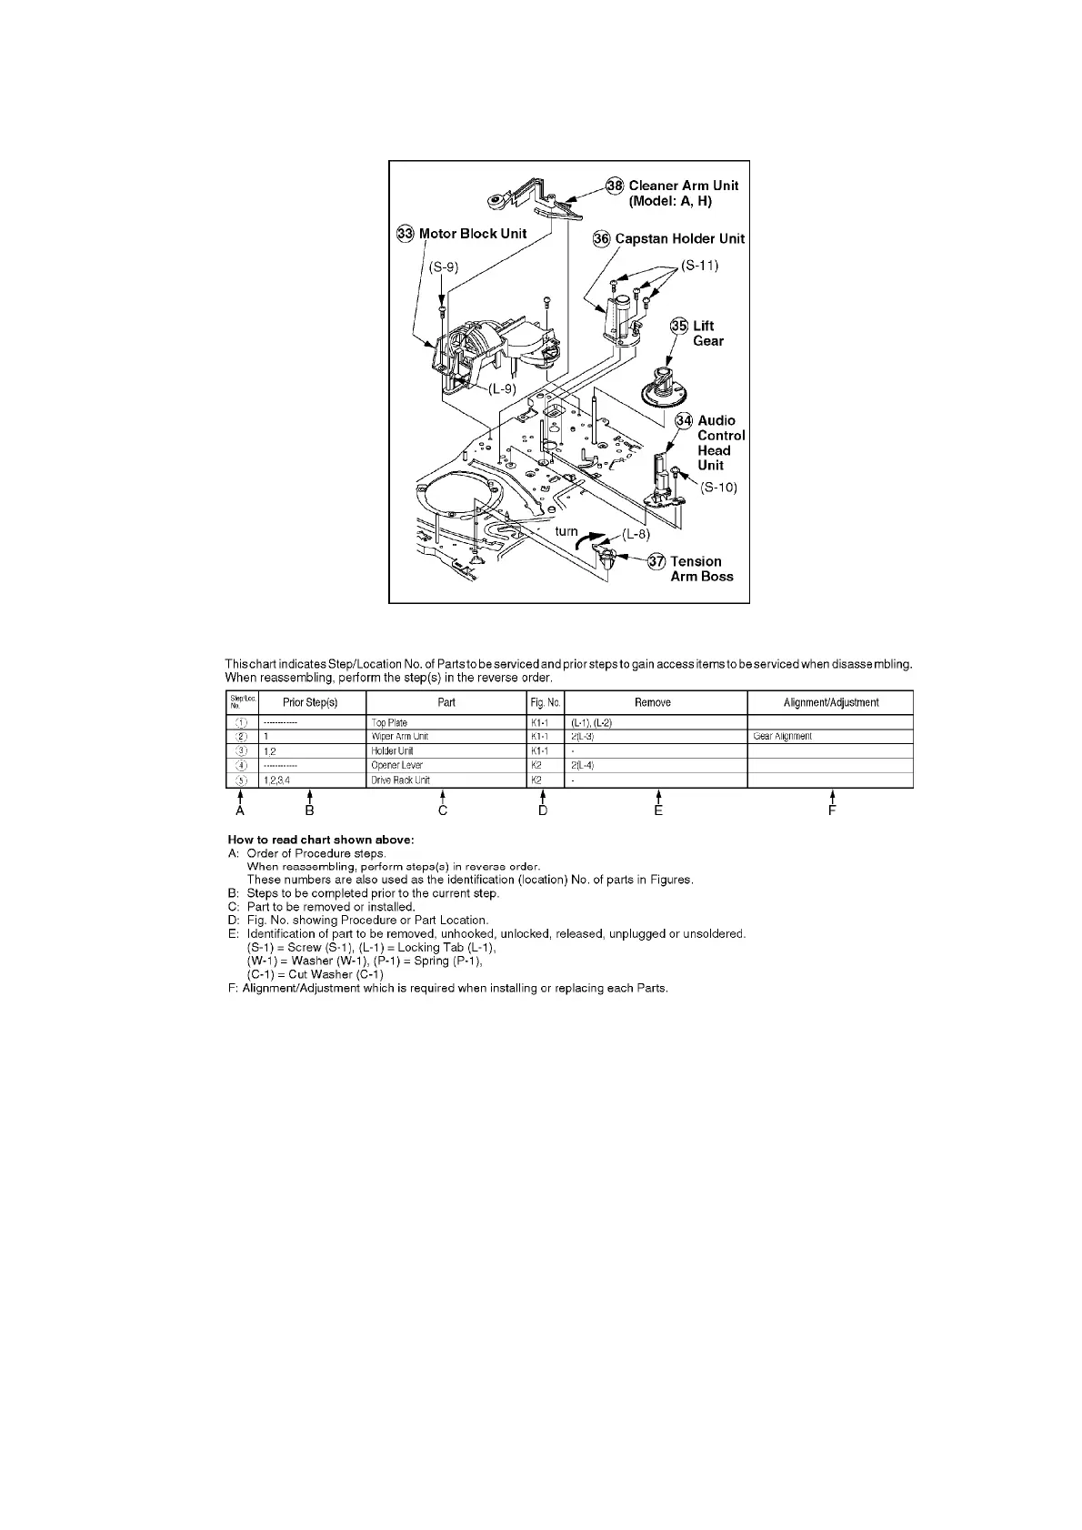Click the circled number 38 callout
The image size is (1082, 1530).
click(x=616, y=186)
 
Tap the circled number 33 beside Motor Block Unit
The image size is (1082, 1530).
click(x=406, y=234)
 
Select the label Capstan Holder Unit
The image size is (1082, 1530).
click(x=679, y=238)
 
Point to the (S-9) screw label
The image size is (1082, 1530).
click(x=444, y=267)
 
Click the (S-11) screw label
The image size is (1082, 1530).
click(x=699, y=266)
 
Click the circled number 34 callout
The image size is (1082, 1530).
click(x=684, y=421)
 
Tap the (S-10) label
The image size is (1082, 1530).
click(x=718, y=488)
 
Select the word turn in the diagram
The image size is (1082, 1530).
click(x=566, y=531)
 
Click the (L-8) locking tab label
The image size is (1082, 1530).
click(x=636, y=534)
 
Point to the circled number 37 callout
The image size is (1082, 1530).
click(x=657, y=562)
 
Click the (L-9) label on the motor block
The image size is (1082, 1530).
click(x=502, y=388)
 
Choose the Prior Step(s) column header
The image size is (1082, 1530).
click(x=310, y=702)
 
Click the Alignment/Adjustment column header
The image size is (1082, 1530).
click(x=830, y=702)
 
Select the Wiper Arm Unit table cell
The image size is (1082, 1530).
click(x=399, y=737)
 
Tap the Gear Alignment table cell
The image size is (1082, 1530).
click(x=782, y=737)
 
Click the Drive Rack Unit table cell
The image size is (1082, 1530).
click(x=400, y=780)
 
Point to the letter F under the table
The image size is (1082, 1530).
click(x=832, y=810)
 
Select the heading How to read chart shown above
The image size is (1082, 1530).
click(x=320, y=839)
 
